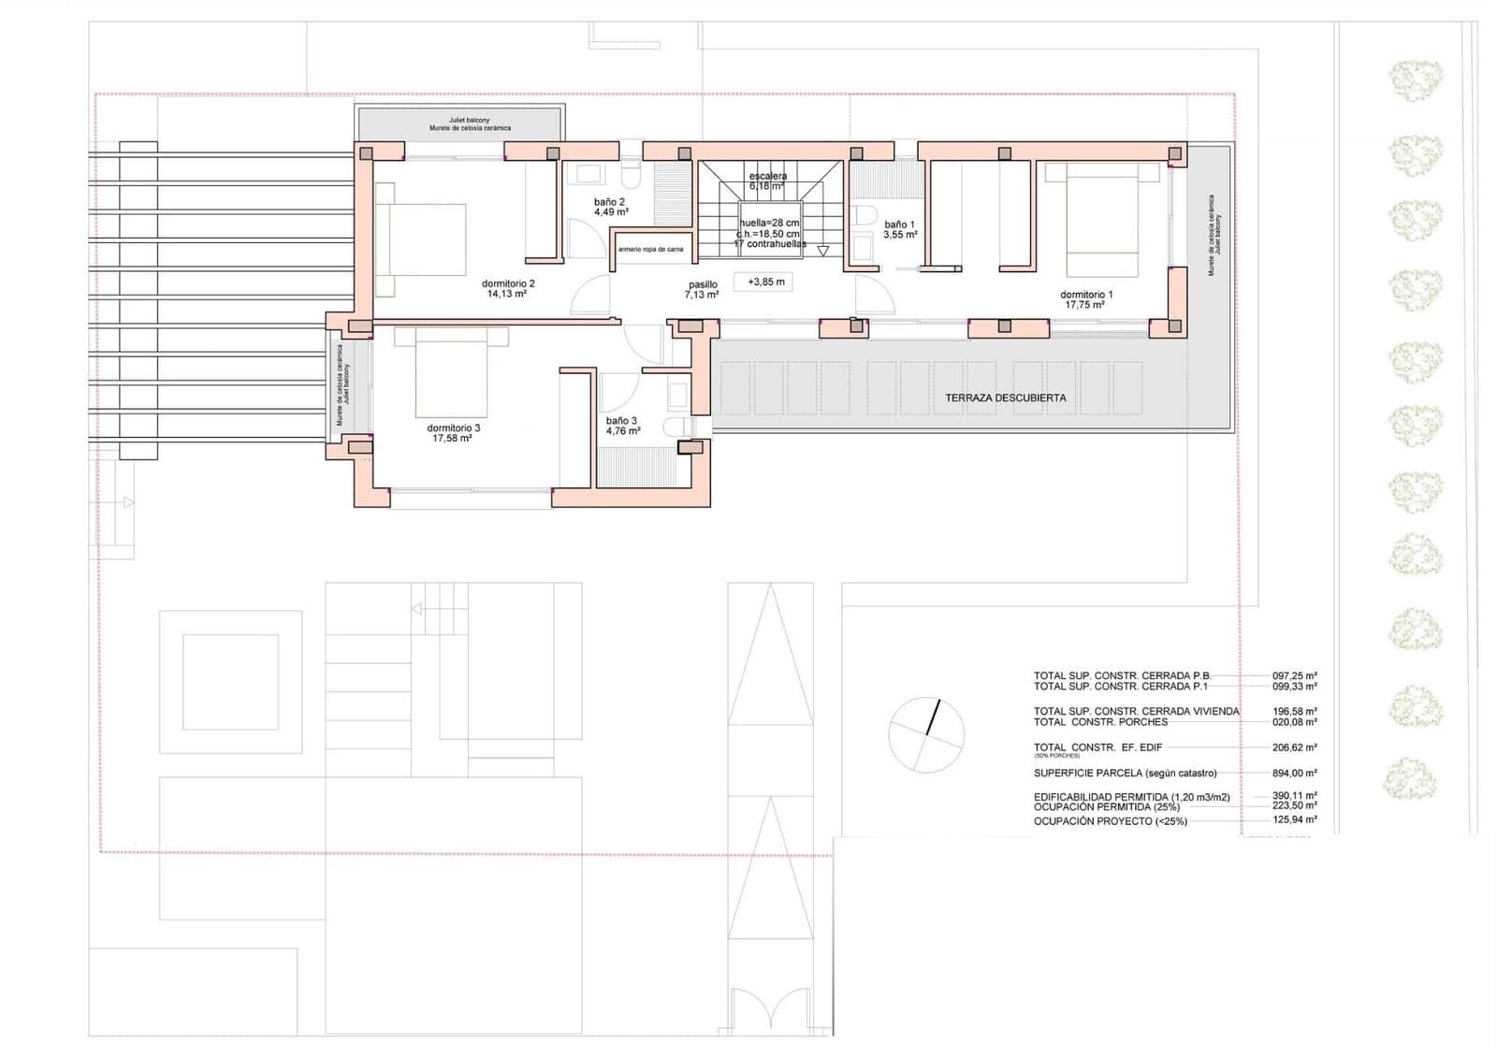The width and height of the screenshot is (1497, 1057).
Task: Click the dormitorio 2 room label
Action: (508, 283)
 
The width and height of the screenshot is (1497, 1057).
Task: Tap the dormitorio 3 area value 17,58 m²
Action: (452, 438)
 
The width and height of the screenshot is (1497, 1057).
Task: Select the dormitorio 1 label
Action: (1086, 295)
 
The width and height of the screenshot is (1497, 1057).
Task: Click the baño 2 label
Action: (610, 202)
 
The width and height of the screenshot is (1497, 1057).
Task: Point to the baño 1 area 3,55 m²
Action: (900, 235)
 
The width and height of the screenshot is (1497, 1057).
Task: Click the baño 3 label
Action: (622, 421)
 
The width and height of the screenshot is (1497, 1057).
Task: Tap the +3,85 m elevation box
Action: (765, 282)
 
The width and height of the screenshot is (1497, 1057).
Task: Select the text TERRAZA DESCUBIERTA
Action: (1005, 398)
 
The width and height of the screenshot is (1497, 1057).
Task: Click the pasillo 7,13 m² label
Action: (702, 290)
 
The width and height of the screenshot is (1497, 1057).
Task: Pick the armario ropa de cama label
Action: (650, 250)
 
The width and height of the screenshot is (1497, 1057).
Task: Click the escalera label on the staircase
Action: (768, 176)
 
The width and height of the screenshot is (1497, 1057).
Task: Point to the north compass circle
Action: (925, 735)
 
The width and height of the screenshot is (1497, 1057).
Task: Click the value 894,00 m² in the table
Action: (1294, 774)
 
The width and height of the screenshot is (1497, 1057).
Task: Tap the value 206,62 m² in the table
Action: (1294, 747)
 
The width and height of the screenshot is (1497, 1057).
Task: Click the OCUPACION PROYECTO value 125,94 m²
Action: (1294, 820)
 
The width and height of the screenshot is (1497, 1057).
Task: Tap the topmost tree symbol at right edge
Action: (1414, 80)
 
